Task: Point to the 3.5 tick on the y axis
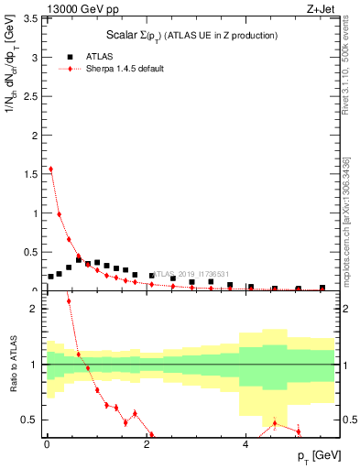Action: [x=30, y=18]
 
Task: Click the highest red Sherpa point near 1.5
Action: [x=50, y=169]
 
